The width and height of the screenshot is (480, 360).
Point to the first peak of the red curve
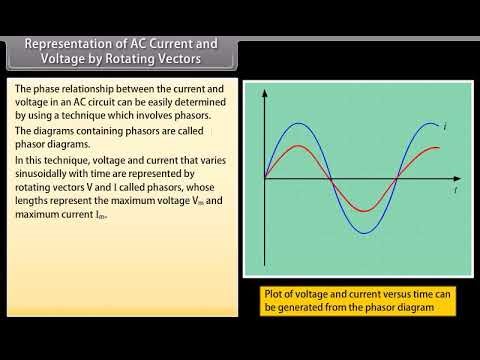(298, 147)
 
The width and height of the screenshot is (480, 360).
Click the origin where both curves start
(265, 179)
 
